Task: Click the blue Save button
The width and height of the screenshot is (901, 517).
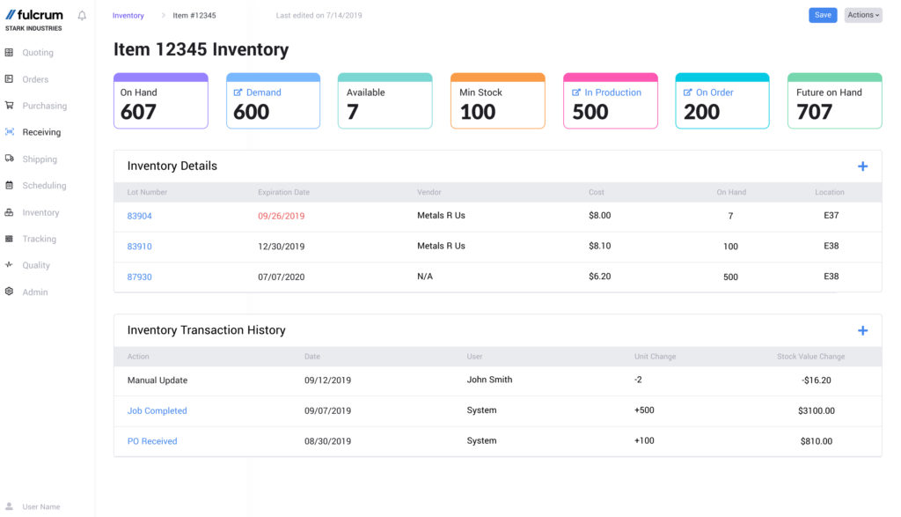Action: [823, 15]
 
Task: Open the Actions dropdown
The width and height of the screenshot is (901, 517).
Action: [862, 15]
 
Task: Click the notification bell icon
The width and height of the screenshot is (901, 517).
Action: [82, 16]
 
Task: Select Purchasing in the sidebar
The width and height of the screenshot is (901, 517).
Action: [44, 106]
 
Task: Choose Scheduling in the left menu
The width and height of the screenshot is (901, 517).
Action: [44, 186]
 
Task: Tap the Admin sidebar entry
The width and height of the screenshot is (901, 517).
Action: [35, 292]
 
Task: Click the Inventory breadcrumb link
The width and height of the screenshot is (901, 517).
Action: [128, 16]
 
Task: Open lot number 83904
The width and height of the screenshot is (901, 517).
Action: [139, 216]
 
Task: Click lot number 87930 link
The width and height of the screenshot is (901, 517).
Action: [139, 277]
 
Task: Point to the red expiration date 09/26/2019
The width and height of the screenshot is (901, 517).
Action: [281, 216]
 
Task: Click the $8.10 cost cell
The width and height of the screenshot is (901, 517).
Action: [599, 247]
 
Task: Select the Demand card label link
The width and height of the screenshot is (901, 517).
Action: [263, 92]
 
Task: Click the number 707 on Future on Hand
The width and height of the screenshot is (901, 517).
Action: [814, 112]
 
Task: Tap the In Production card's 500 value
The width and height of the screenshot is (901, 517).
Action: [590, 112]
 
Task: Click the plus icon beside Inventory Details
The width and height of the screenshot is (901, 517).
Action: [862, 166]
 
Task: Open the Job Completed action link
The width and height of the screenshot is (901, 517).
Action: [157, 411]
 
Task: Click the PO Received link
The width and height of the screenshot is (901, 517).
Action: [151, 441]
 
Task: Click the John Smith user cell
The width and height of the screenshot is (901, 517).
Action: [489, 380]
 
